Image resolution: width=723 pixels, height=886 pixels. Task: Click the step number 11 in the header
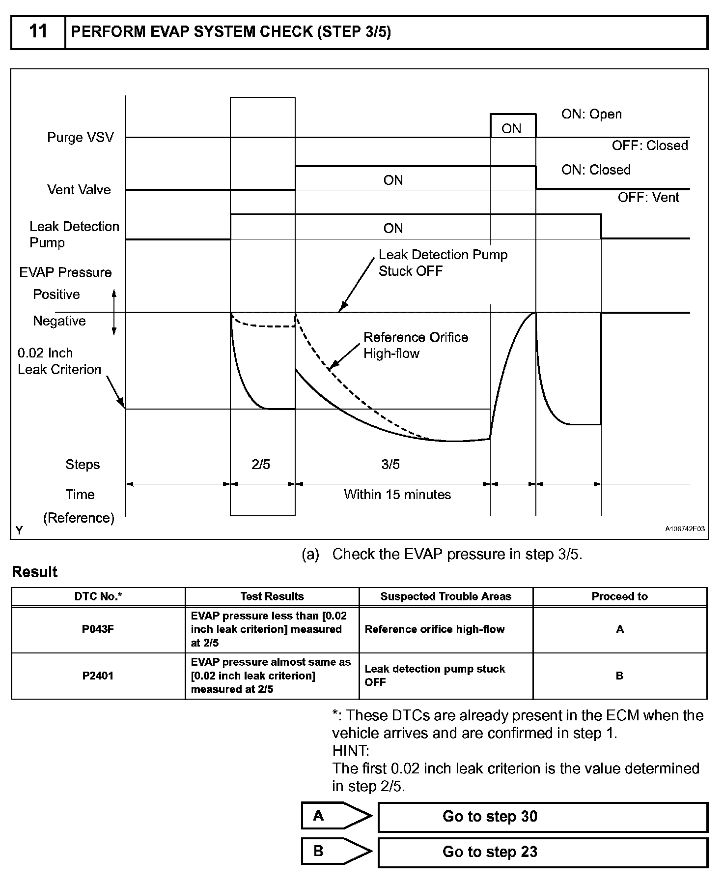38,32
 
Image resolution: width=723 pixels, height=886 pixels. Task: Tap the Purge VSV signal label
80,137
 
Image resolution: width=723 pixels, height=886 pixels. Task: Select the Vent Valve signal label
79,190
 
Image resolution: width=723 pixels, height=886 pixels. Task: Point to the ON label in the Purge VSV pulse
511,129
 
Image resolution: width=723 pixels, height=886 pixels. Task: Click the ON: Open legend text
591,114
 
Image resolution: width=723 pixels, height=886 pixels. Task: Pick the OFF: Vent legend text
648,198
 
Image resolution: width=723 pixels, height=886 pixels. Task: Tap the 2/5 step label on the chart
261,465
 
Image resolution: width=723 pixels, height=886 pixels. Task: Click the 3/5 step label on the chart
390,465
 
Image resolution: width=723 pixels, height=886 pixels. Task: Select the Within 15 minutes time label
397,495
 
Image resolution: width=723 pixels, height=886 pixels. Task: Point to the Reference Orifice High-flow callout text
416,345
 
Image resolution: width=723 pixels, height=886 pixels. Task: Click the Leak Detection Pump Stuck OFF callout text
443,263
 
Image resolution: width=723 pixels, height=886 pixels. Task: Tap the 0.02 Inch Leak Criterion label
59,361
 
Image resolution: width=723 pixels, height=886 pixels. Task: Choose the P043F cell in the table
98,629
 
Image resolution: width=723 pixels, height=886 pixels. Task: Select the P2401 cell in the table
98,676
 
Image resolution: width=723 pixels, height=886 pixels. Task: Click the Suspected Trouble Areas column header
445,596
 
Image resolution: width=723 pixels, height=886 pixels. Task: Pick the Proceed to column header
619,596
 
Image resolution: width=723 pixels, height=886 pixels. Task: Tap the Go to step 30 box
542,817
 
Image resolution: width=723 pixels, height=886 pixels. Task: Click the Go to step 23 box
542,852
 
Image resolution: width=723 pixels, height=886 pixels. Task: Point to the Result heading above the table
34,572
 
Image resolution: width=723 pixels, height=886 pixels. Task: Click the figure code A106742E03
685,529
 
